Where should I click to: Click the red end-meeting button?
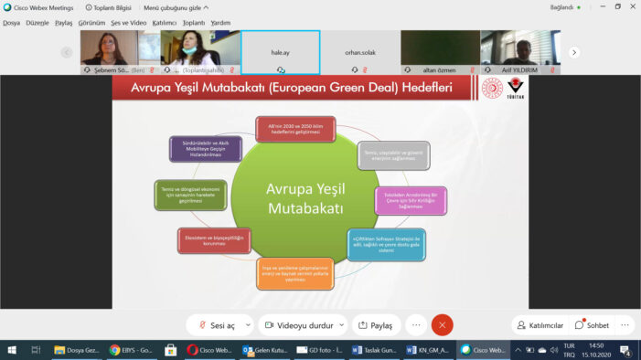[x=443, y=324]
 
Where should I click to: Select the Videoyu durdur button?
[x=303, y=324]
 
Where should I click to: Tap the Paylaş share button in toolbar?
[x=376, y=324]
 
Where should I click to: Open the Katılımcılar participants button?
[x=539, y=324]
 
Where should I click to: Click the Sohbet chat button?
[x=592, y=324]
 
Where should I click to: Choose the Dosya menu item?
[x=11, y=22]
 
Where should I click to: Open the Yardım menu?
[x=220, y=22]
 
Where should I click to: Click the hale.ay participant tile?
[x=280, y=51]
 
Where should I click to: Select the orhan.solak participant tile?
[x=359, y=51]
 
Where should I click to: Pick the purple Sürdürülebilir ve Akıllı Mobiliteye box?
[x=198, y=150]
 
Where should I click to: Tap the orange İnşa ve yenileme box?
[x=294, y=272]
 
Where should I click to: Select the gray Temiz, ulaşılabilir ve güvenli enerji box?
[x=393, y=155]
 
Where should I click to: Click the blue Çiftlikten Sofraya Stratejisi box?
[x=386, y=244]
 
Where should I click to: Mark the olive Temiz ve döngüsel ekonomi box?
[x=188, y=195]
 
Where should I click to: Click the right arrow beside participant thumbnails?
[x=574, y=52]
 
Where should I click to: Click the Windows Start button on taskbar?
[x=11, y=349]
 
